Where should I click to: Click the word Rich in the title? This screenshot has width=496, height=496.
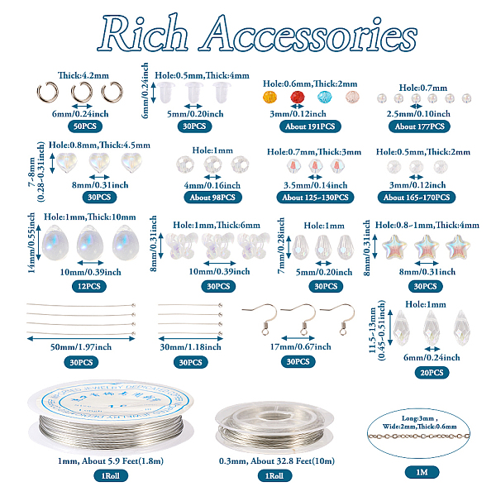coord(143,33)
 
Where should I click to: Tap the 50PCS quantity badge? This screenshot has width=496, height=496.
coord(85,126)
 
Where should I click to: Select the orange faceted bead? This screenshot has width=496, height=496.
coord(269,97)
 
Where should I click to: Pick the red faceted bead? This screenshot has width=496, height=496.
coord(298,97)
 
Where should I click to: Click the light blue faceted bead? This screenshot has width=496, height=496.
coord(325,97)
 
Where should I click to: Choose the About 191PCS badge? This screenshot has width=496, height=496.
coord(310,126)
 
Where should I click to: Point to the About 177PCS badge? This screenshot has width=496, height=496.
coord(419,126)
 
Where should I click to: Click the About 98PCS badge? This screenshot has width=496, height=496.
coord(212,198)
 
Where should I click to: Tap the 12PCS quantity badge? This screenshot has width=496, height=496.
coord(89,286)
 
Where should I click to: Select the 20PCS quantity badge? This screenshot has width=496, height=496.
coord(432,373)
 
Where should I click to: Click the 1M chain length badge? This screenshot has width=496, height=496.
coord(422,472)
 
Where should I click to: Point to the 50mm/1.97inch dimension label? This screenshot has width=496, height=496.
coord(81,347)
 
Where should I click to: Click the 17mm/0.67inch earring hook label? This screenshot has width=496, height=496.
coord(301,346)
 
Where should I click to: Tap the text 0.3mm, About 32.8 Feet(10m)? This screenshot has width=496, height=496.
coord(277,461)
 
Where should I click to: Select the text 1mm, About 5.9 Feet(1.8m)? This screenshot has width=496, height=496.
coord(111,461)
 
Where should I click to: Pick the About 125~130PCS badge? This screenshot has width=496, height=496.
coord(316,198)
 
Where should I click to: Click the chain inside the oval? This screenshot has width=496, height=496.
coord(419,436)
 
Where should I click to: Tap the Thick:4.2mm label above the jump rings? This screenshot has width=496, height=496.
coord(83,75)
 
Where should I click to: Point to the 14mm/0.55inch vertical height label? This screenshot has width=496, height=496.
coord(31,242)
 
